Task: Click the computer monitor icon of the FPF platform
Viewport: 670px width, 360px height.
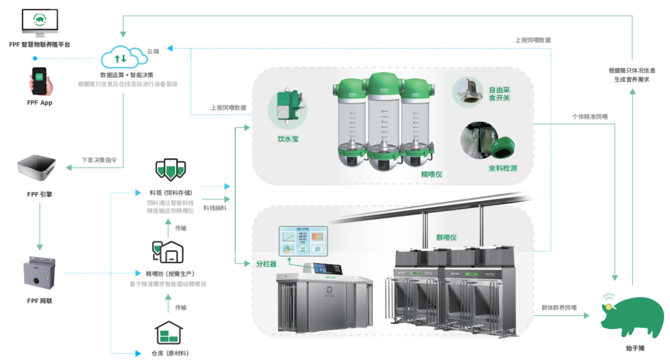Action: pyautogui.click(x=39, y=23)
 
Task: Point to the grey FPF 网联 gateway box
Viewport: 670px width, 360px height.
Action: pyautogui.click(x=39, y=274)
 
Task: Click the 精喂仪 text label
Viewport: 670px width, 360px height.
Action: pyautogui.click(x=432, y=175)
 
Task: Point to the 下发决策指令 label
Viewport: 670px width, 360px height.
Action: pyautogui.click(x=99, y=160)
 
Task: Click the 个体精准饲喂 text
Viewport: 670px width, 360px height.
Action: pyautogui.click(x=589, y=116)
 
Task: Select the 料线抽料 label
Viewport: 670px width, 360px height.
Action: pyautogui.click(x=215, y=208)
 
